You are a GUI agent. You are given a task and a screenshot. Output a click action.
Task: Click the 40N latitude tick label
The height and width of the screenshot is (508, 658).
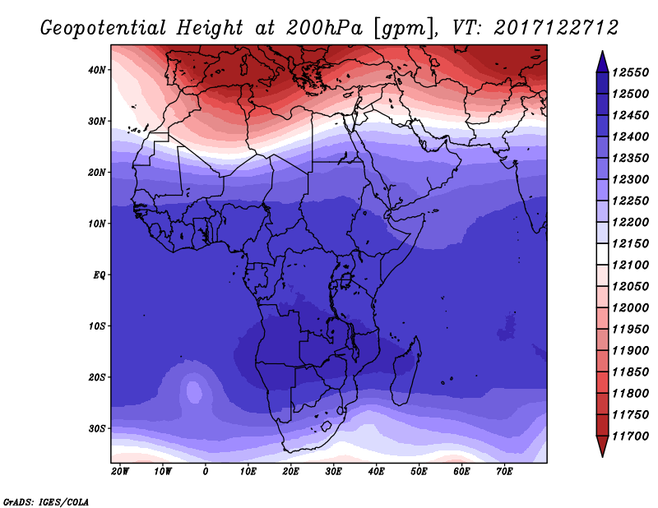[97, 70]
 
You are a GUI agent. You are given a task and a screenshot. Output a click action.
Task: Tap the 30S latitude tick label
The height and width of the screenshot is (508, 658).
[97, 429]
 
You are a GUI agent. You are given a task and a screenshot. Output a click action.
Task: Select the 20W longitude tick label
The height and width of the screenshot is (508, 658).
[120, 472]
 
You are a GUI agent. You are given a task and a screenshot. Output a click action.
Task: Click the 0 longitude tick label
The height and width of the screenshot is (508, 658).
[205, 472]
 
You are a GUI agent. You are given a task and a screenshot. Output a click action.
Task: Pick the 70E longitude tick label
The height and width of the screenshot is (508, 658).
[504, 472]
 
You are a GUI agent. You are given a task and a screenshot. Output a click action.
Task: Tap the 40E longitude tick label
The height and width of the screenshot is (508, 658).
[376, 472]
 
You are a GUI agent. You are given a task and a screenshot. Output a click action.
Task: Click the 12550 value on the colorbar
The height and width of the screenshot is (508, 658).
[630, 72]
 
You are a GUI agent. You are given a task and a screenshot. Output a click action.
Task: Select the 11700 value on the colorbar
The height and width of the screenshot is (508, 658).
[630, 436]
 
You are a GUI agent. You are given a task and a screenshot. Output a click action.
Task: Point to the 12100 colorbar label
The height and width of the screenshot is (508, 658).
[630, 266]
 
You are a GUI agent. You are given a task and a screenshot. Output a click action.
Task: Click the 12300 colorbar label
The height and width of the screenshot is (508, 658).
[630, 179]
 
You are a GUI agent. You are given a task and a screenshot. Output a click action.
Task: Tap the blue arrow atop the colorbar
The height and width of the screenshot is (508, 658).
[602, 62]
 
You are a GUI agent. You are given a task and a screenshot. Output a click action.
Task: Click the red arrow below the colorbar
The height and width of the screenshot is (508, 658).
[602, 446]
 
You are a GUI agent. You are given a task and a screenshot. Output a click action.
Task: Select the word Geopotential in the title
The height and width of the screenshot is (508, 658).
[104, 28]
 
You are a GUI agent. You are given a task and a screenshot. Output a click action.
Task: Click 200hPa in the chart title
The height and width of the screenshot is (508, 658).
[324, 28]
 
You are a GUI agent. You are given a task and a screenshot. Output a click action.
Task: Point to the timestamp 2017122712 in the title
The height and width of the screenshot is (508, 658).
[556, 28]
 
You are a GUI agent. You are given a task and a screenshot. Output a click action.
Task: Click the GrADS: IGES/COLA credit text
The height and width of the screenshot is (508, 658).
[46, 502]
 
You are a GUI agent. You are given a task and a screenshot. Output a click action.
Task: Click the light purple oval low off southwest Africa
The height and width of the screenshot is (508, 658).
[193, 392]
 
